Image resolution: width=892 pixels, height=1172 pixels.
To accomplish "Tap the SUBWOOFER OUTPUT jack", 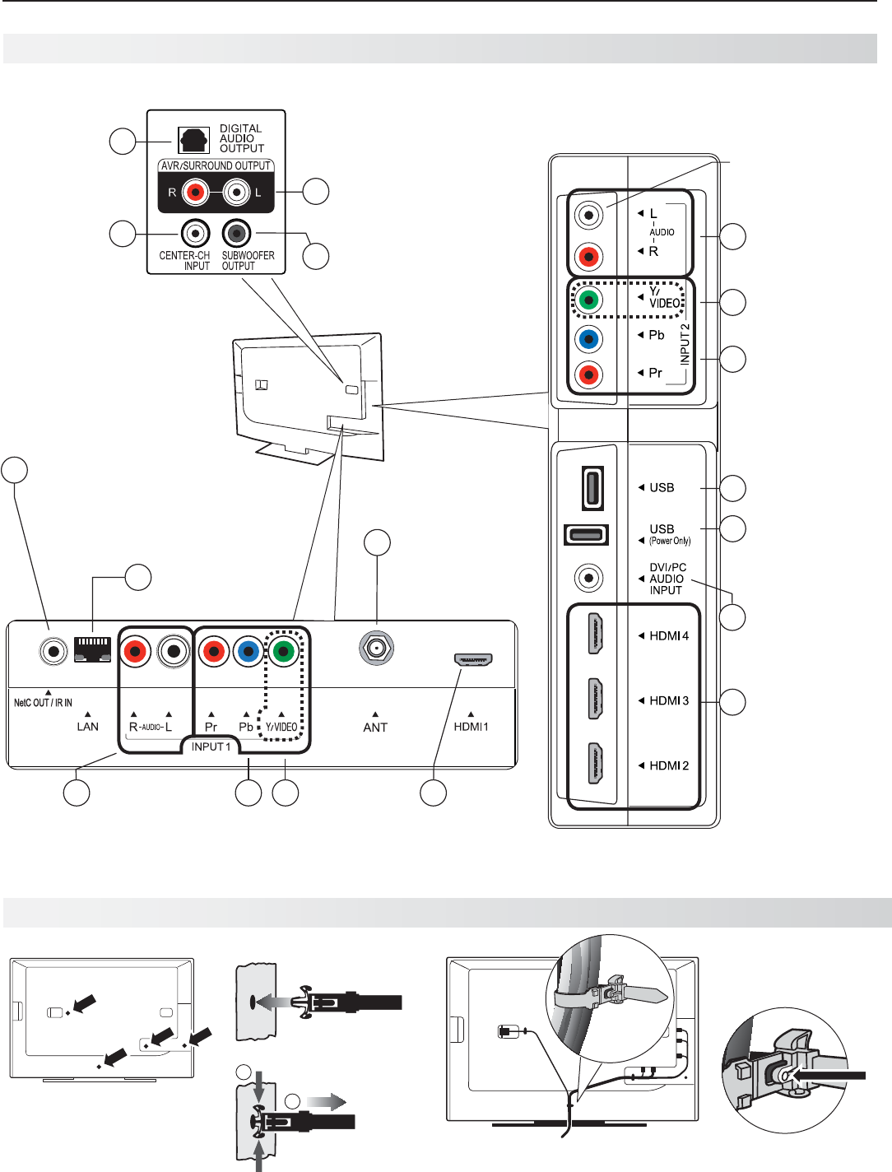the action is click(x=236, y=234).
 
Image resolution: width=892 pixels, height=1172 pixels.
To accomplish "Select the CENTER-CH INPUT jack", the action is click(x=195, y=234).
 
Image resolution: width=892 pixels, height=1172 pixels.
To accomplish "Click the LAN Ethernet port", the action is click(x=92, y=649).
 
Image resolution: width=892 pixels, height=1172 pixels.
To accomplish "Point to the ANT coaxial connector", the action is click(x=376, y=649).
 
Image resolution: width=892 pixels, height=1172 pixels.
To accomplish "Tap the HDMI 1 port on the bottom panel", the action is click(x=473, y=660).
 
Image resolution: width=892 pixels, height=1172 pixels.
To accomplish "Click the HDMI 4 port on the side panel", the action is click(x=595, y=634).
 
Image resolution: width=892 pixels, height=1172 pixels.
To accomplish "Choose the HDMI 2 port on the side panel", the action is click(x=595, y=764).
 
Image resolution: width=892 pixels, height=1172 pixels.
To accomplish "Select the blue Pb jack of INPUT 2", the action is click(x=588, y=338).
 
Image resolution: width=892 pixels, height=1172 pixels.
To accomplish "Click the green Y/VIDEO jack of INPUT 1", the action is click(x=283, y=651).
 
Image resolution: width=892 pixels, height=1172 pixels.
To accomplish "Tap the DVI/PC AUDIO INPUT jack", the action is click(x=589, y=579).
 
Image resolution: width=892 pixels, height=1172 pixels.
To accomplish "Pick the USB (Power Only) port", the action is click(x=586, y=534).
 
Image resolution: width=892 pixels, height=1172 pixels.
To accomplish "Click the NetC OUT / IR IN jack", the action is click(x=53, y=651).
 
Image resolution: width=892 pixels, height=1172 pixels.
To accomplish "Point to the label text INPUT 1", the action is click(x=211, y=746).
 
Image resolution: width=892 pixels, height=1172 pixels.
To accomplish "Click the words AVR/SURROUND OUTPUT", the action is click(x=216, y=166).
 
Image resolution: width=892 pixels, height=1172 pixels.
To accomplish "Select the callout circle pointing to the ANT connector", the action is click(x=377, y=542).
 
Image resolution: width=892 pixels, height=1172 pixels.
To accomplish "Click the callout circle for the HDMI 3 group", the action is click(x=732, y=702).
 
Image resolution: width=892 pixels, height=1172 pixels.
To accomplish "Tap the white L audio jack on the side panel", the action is click(x=588, y=215).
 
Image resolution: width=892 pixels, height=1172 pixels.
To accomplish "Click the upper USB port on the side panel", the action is click(x=592, y=488).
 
